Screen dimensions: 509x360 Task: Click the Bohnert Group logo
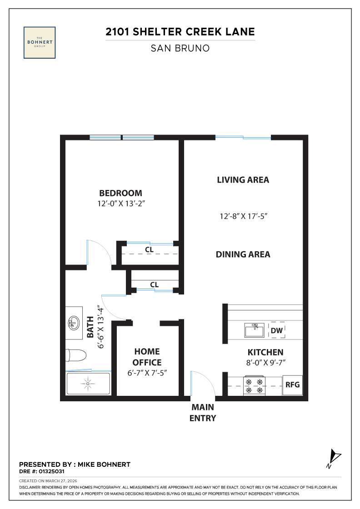pos(40,42)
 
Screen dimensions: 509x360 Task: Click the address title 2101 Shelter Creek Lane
pos(180,32)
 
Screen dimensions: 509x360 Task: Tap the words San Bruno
pos(180,48)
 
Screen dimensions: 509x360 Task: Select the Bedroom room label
pos(120,193)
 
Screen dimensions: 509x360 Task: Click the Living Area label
pos(243,180)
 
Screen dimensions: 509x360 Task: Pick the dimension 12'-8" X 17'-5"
pos(243,216)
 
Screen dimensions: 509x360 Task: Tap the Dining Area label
pos(243,254)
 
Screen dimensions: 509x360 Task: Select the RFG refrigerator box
pos(292,384)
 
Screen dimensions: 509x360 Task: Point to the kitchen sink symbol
pos(255,330)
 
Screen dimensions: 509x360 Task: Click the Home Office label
pos(147,357)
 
